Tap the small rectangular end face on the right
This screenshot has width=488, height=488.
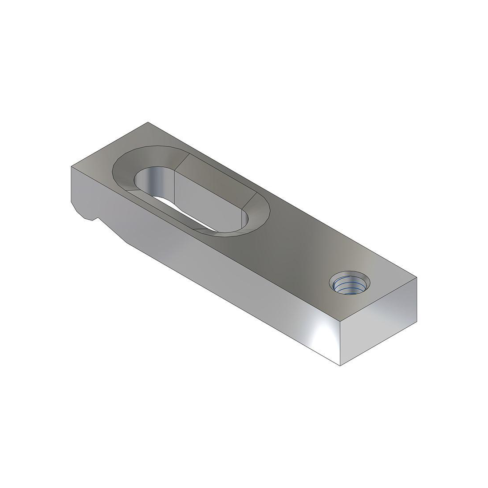coord(379,324)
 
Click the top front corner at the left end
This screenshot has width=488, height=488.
coord(71,166)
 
